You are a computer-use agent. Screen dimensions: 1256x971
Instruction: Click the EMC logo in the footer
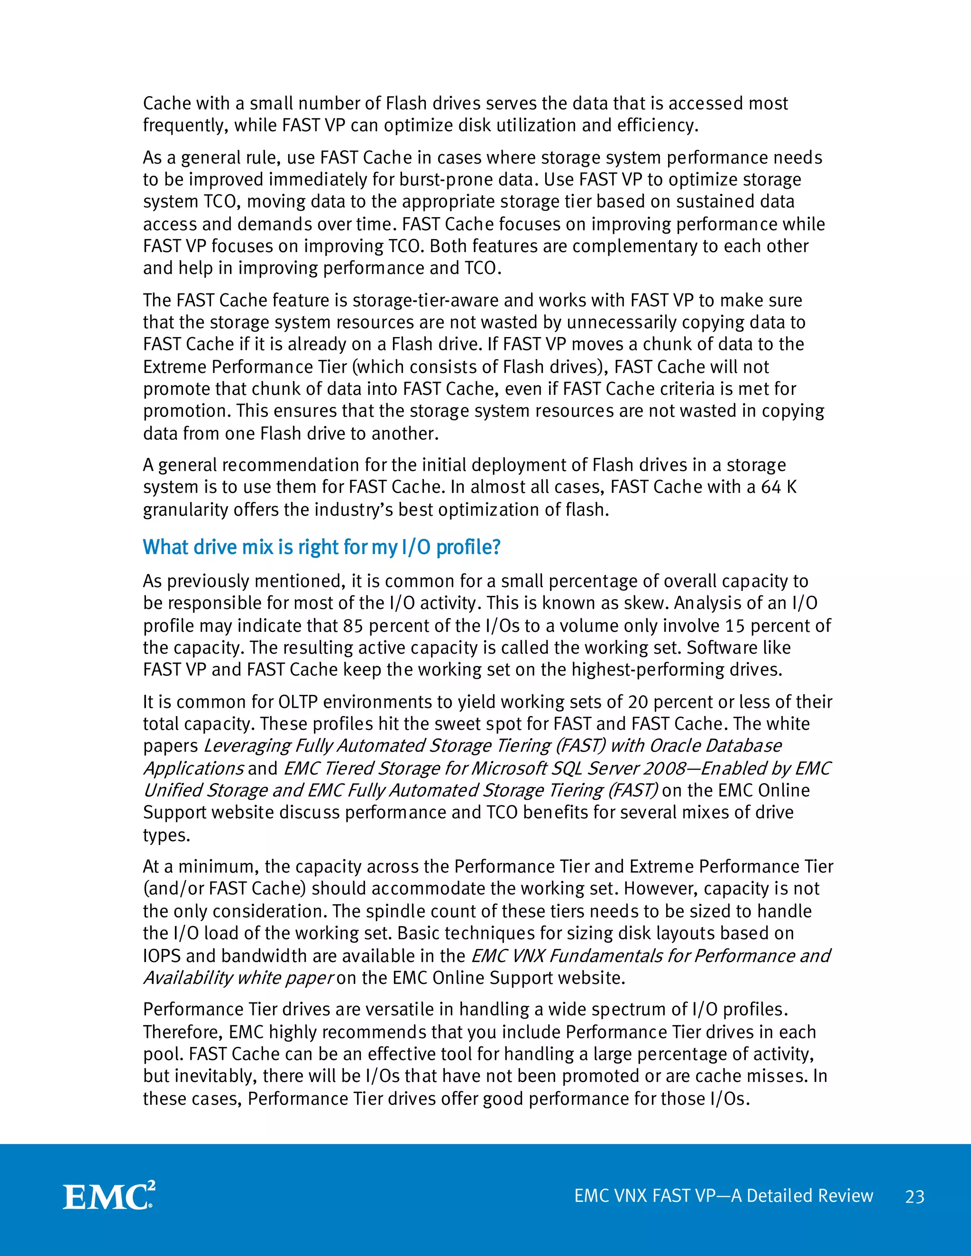109,1196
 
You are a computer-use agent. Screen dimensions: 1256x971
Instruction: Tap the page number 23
914,1197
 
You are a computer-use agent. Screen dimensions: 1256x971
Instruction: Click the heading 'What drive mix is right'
321,547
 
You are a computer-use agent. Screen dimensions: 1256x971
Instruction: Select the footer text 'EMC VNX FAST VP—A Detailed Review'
723,1196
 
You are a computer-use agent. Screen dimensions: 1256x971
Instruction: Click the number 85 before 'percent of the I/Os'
353,626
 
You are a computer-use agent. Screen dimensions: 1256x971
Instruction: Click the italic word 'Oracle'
675,746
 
